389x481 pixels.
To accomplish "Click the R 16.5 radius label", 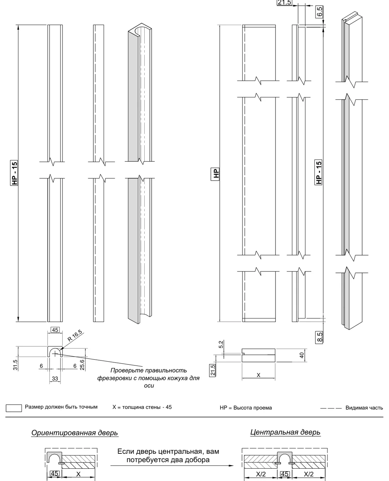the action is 75,336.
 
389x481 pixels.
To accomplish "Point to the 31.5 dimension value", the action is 15,365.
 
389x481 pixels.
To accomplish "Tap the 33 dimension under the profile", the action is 55,379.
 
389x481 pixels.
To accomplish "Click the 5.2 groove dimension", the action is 221,344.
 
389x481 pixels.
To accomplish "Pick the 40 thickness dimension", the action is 302,355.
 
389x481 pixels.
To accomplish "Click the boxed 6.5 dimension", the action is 319,12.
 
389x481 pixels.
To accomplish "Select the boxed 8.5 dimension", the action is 319,338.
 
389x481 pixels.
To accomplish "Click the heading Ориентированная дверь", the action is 75,433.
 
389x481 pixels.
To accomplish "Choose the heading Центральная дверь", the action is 285,432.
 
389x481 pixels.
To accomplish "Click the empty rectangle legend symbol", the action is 14,408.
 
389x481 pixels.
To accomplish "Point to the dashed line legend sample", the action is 331,408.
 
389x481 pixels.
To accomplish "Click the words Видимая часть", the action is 364,408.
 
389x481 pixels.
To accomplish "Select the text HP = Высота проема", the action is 246,408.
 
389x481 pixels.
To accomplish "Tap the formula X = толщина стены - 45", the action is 142,407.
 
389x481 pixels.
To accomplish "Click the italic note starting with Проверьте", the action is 149,378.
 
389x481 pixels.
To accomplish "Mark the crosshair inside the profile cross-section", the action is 55,354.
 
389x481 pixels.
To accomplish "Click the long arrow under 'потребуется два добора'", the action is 172,466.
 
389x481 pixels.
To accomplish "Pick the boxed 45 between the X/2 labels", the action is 284,474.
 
